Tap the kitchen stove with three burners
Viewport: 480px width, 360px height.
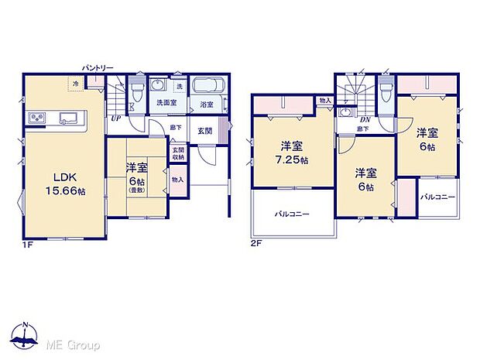(x=37, y=118)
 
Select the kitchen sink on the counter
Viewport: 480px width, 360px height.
(x=67, y=118)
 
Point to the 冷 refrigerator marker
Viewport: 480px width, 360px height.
(x=76, y=83)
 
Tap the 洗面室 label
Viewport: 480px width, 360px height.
(x=166, y=103)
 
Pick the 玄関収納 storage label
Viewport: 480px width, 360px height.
(x=178, y=153)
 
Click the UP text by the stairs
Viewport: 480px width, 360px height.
(x=115, y=118)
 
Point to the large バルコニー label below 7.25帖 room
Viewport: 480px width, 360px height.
(x=292, y=214)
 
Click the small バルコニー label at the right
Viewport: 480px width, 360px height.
(x=438, y=197)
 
